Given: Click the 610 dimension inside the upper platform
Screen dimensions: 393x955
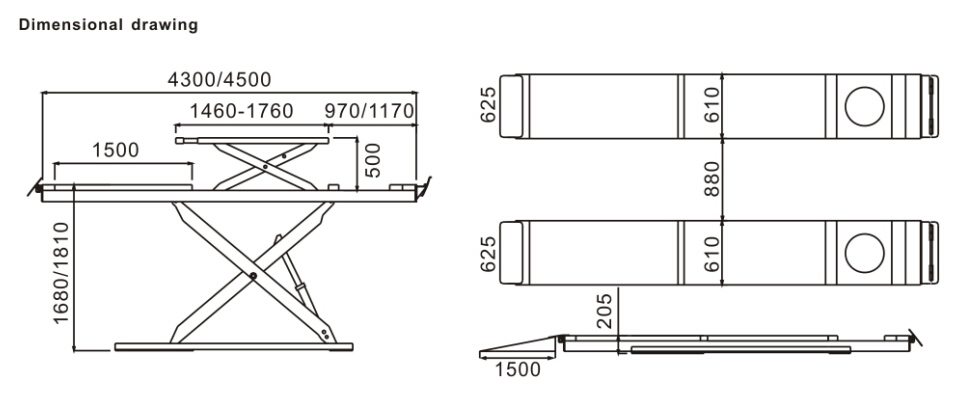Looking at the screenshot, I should [713, 104].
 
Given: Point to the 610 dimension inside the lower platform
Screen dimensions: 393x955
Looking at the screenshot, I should [713, 253].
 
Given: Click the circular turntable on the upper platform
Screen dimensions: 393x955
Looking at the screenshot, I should [864, 104].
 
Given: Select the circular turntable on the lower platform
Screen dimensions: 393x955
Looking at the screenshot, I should [864, 253].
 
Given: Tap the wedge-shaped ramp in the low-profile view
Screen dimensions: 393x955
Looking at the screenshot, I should [520, 345].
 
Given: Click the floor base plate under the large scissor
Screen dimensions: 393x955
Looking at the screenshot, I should [233, 347].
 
